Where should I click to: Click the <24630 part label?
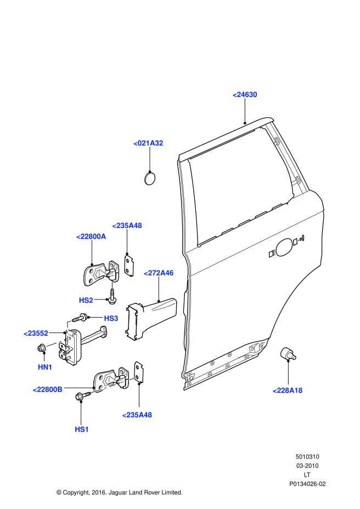[x=245, y=95]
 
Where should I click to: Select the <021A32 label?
[x=148, y=143]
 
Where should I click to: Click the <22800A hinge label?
[x=91, y=236]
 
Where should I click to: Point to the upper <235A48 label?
[x=127, y=225]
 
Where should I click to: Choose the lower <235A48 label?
[x=137, y=415]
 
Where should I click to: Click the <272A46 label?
[x=159, y=273]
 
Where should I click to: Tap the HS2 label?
[x=86, y=300]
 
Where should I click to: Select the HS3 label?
[x=111, y=318]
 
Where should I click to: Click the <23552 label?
[x=36, y=333]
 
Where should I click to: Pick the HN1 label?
[x=45, y=367]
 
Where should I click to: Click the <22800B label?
[x=47, y=389]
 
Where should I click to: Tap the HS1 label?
[x=82, y=429]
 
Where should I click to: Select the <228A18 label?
[x=288, y=390]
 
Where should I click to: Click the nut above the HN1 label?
[x=42, y=348]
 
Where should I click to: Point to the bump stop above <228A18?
[x=287, y=354]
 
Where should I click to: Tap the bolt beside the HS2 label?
[x=111, y=299]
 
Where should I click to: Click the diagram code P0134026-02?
[x=307, y=484]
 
